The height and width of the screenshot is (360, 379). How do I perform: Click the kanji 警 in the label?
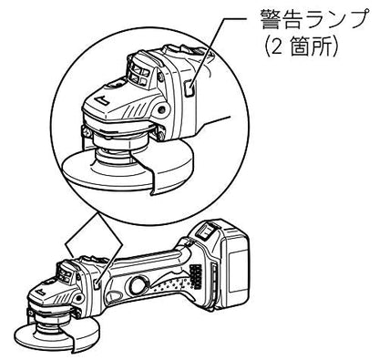pyautogui.click(x=271, y=20)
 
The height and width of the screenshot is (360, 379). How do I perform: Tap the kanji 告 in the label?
pyautogui.click(x=292, y=20)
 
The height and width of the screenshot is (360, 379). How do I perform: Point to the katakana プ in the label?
pyautogui.click(x=356, y=19)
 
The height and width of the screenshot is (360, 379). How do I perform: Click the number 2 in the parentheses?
pyautogui.click(x=276, y=46)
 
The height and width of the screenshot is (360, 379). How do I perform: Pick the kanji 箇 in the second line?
pyautogui.click(x=301, y=46)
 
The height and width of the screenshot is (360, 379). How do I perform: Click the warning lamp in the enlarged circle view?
pyautogui.click(x=189, y=87)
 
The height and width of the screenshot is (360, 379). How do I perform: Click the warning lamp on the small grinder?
pyautogui.click(x=97, y=283)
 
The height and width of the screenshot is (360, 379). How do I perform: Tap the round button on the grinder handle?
pyautogui.click(x=138, y=285)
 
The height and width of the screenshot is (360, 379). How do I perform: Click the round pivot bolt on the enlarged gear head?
pyautogui.click(x=163, y=108)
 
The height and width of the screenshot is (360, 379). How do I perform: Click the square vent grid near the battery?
pyautogui.click(x=196, y=276)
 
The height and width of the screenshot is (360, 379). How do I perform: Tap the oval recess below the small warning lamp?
pyautogui.click(x=114, y=296)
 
